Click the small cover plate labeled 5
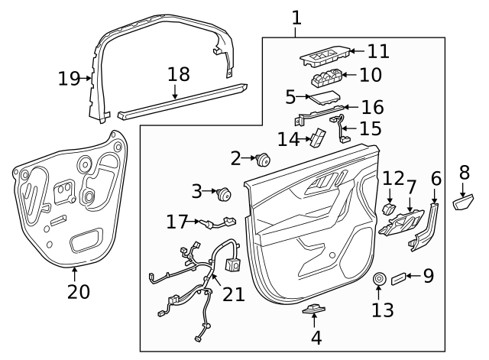[324, 97]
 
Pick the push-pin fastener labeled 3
[224, 194]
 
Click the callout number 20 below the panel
[79, 292]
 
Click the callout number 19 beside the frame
[69, 78]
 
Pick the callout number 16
[372, 108]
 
